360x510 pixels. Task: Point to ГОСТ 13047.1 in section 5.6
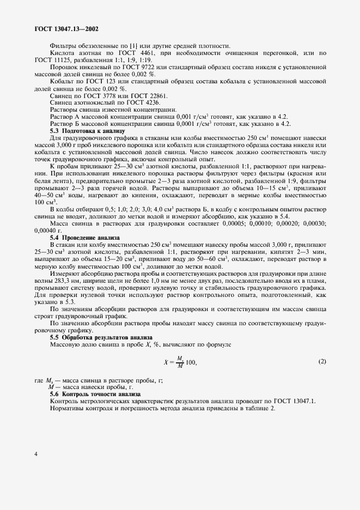pos(294,401)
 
